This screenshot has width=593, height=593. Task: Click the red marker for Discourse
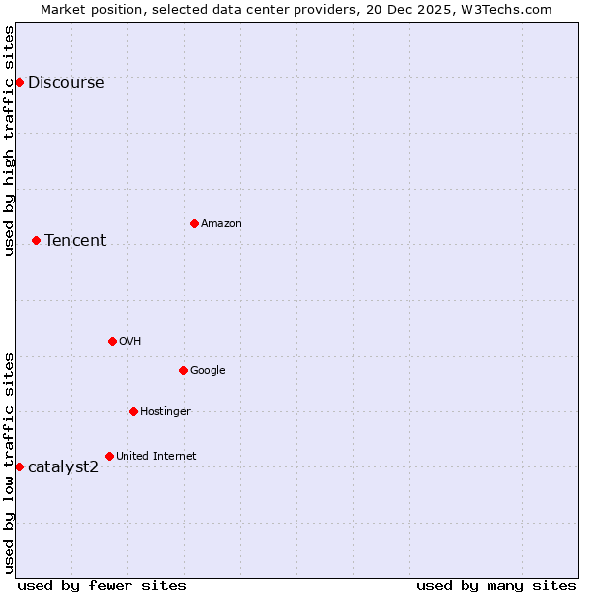(19, 82)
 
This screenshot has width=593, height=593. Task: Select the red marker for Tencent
(36, 240)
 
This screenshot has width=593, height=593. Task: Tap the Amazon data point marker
(194, 223)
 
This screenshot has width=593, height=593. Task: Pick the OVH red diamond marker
(112, 341)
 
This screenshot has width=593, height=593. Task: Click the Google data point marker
(183, 370)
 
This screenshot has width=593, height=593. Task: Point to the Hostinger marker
(133, 411)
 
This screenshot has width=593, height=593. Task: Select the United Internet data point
(109, 456)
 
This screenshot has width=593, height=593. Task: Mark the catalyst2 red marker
(19, 466)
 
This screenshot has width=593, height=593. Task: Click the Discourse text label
(65, 83)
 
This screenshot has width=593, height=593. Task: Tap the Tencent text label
(75, 241)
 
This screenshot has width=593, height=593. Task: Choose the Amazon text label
(221, 224)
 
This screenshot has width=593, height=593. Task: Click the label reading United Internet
(155, 457)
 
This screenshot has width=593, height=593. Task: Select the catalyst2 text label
(63, 467)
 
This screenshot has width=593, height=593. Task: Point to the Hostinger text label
(165, 412)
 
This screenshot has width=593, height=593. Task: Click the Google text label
(208, 371)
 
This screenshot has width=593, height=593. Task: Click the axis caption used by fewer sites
(102, 585)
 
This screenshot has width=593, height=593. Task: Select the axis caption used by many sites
(496, 585)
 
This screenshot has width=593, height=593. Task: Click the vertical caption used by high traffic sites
(10, 140)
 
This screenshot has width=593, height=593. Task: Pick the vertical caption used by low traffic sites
(10, 462)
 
